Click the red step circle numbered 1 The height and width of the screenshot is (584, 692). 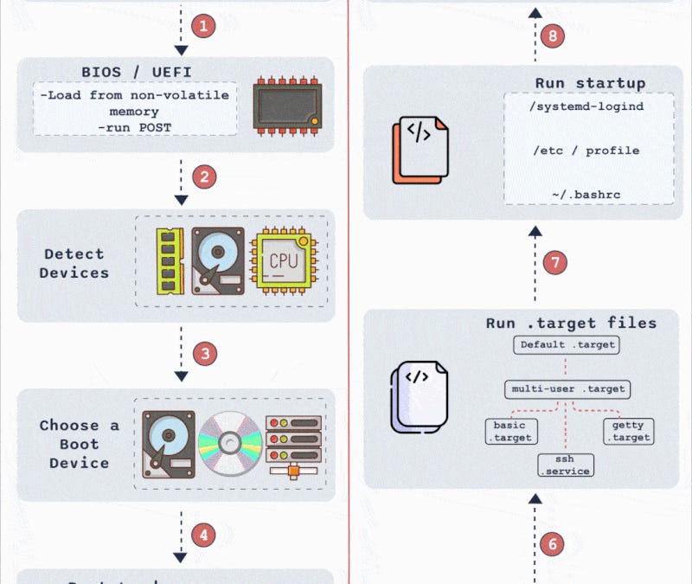[204, 26]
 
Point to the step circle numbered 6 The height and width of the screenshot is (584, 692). [554, 544]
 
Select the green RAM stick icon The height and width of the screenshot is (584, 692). [169, 261]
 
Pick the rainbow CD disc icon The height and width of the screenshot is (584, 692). [229, 444]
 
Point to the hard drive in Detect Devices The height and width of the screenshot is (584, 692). [218, 261]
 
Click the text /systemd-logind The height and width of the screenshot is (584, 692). [587, 106]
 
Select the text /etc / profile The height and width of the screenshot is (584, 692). [587, 151]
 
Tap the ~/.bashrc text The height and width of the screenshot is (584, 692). [587, 195]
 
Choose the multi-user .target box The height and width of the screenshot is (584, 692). [567, 388]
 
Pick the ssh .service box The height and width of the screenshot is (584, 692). [565, 465]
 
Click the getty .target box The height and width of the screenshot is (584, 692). [627, 431]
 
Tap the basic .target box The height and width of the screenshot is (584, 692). [509, 431]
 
